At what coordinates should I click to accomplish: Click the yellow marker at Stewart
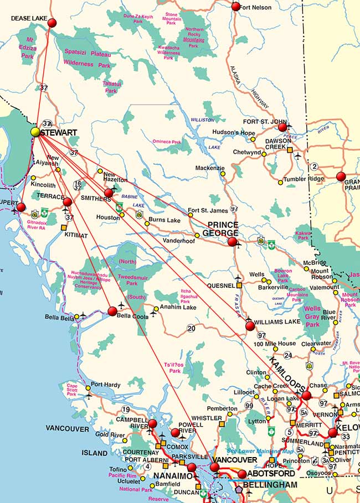coord(35,132)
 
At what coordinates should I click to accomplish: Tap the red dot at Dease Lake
coord(52,23)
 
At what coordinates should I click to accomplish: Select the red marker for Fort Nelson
coord(236,7)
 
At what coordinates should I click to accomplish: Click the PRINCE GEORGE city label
coord(223,229)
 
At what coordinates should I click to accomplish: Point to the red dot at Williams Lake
coord(250,326)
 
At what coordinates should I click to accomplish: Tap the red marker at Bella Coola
coord(112,311)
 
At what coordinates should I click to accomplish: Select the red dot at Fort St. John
coord(282,127)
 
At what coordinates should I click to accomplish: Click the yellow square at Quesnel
coord(239,286)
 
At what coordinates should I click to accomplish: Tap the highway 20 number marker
coord(191,328)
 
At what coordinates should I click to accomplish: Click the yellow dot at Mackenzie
coord(223,174)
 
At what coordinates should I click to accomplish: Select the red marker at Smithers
coord(109,193)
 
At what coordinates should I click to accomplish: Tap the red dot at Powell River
coord(176,433)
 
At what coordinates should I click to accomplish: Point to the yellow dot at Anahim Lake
coord(156,309)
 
